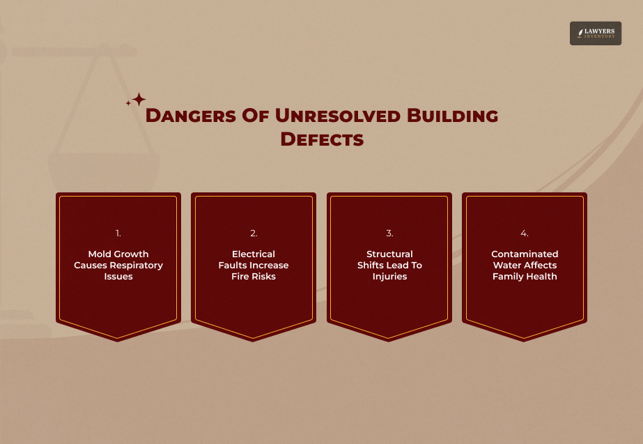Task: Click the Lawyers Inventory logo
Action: click(x=595, y=33)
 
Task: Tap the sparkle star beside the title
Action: click(x=138, y=99)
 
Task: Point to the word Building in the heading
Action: click(x=452, y=116)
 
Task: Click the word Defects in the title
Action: click(x=322, y=139)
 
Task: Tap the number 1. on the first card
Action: click(x=118, y=234)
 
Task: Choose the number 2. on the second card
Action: click(x=254, y=234)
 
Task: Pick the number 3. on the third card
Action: click(x=389, y=234)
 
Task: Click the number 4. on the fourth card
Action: click(x=525, y=234)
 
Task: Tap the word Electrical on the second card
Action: click(x=254, y=254)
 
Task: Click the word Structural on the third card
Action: click(x=389, y=254)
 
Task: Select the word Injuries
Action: click(x=389, y=277)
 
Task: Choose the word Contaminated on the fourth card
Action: click(x=525, y=254)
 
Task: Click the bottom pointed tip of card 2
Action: click(x=254, y=339)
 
